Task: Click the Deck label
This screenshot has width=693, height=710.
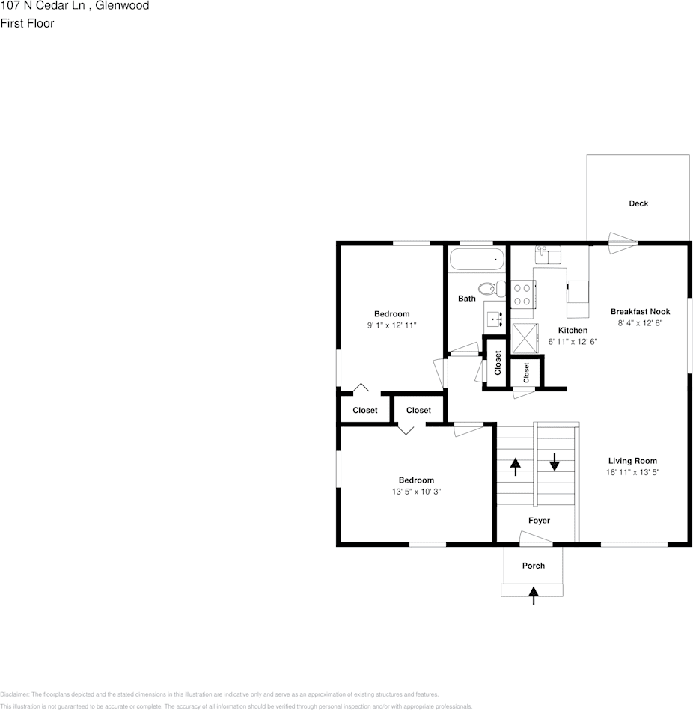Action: (x=638, y=203)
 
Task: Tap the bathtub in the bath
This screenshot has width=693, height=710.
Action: (x=476, y=260)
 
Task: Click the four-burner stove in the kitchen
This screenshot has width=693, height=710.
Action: (x=522, y=294)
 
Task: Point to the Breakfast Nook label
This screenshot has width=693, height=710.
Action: (x=640, y=312)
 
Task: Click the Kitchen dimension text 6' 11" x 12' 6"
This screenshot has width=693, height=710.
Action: (x=573, y=341)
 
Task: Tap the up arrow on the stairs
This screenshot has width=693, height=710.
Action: (x=516, y=467)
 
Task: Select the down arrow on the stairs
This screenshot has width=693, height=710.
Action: (x=555, y=462)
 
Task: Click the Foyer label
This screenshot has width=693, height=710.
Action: (x=539, y=521)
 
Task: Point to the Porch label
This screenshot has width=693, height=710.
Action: (x=534, y=566)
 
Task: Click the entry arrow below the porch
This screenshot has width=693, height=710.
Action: (x=534, y=595)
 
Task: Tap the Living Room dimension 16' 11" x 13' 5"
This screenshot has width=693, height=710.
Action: (x=632, y=473)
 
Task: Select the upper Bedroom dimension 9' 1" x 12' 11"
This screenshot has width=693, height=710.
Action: (x=391, y=325)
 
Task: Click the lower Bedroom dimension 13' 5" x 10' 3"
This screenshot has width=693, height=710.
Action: (x=415, y=492)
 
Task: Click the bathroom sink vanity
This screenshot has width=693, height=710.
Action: (x=495, y=320)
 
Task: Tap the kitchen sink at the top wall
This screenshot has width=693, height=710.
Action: (x=549, y=255)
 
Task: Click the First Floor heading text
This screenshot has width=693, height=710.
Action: (x=27, y=23)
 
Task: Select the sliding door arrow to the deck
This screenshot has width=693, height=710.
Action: (x=623, y=239)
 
